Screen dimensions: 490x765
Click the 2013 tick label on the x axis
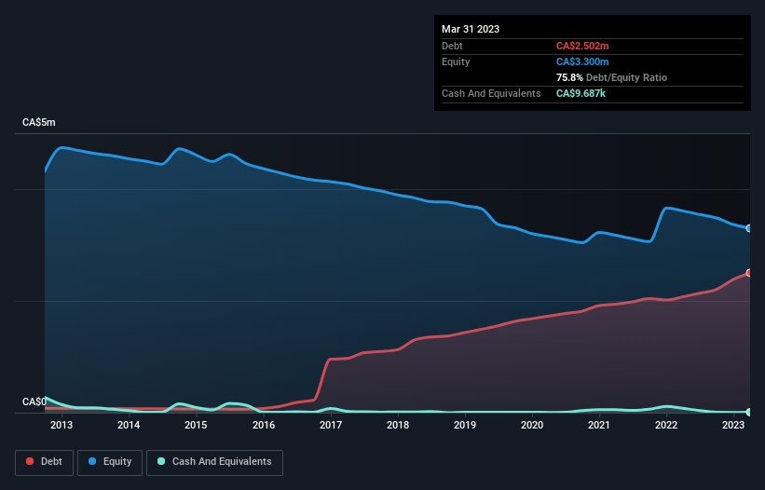click(x=61, y=426)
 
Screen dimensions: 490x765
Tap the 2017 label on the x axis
click(x=330, y=426)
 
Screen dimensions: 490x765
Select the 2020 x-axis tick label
click(x=532, y=426)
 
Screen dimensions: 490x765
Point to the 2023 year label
click(x=733, y=426)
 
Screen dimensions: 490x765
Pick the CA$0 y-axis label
click(x=34, y=402)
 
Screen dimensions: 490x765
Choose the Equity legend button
click(x=110, y=461)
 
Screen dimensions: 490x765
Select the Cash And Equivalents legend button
click(x=214, y=461)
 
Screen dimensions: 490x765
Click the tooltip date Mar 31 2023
click(x=471, y=29)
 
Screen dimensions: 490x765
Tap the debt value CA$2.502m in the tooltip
click(x=582, y=46)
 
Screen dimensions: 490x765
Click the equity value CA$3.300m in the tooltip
click(x=582, y=61)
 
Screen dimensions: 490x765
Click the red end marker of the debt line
click(x=749, y=272)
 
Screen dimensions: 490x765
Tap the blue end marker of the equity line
click(x=749, y=227)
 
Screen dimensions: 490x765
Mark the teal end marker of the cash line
click(x=749, y=412)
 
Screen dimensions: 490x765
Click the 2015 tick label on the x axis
click(x=196, y=426)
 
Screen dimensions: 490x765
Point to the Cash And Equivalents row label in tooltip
click(x=491, y=93)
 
